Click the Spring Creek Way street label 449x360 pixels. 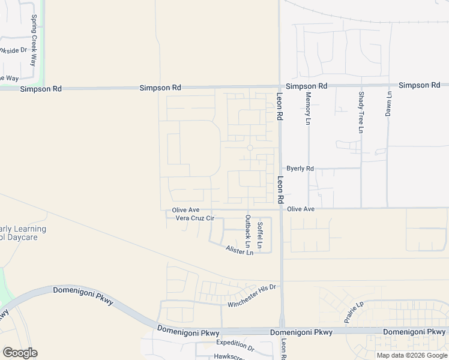click(x=34, y=34)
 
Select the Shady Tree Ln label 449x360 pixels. click(x=361, y=112)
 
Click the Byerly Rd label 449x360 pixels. click(x=300, y=169)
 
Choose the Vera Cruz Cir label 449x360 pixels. click(x=195, y=218)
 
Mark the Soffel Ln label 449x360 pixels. click(x=260, y=235)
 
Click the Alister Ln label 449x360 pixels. click(x=240, y=250)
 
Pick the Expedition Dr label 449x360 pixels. click(x=235, y=345)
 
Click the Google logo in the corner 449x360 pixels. click(x=20, y=352)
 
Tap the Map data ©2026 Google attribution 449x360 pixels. click(x=412, y=355)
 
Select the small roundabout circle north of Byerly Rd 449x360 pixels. click(x=250, y=148)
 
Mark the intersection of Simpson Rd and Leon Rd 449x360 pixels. click(x=279, y=86)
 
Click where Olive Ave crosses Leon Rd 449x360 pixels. click(x=280, y=209)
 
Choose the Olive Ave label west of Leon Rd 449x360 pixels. click(x=185, y=210)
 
